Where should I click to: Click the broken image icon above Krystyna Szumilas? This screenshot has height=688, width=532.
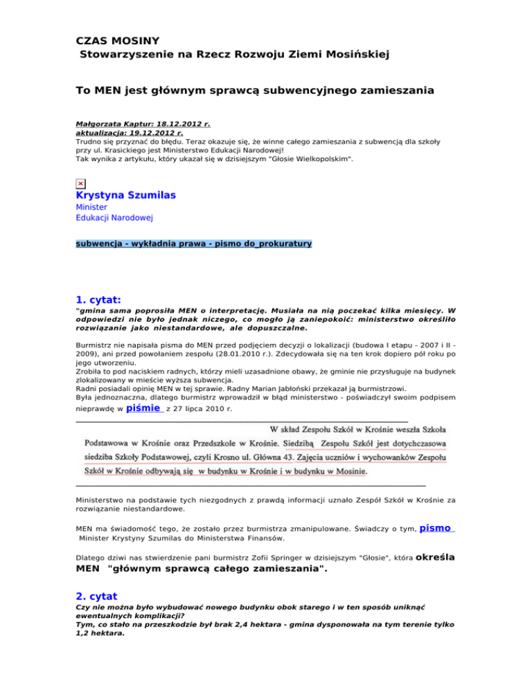coord(80,183)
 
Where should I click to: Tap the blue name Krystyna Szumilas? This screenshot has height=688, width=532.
coord(125,196)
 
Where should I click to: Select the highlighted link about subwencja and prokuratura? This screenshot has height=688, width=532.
coord(194,244)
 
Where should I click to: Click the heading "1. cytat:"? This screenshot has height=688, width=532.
coord(98,301)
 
